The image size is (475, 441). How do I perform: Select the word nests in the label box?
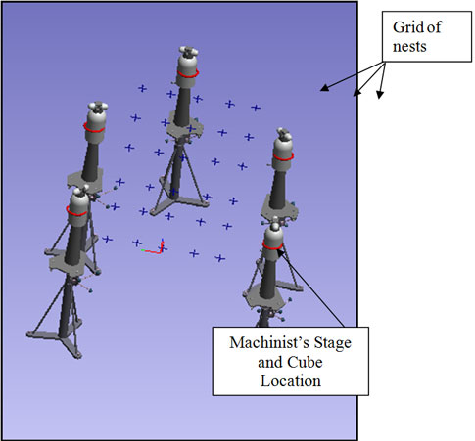(409, 46)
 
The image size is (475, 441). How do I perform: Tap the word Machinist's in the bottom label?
(269, 342)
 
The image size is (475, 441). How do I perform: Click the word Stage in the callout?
(333, 343)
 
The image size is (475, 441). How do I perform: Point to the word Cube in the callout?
(305, 362)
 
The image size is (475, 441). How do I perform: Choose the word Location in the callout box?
(291, 381)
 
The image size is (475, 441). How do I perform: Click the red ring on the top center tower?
(188, 74)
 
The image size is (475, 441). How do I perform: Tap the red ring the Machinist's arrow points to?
(272, 246)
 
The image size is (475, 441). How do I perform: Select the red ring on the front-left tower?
(77, 212)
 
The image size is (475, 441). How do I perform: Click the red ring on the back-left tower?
(94, 128)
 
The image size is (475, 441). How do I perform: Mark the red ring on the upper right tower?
(283, 157)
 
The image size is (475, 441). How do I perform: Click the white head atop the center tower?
(188, 51)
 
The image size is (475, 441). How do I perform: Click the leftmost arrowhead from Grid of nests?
(324, 88)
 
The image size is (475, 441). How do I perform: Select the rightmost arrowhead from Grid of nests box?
(379, 94)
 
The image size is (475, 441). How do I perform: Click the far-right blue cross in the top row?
(256, 108)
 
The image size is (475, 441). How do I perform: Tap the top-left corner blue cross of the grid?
(142, 88)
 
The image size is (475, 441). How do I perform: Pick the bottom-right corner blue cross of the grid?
(220, 258)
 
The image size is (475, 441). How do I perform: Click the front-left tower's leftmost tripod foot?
(31, 334)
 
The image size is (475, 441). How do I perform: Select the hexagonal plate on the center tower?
(185, 126)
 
